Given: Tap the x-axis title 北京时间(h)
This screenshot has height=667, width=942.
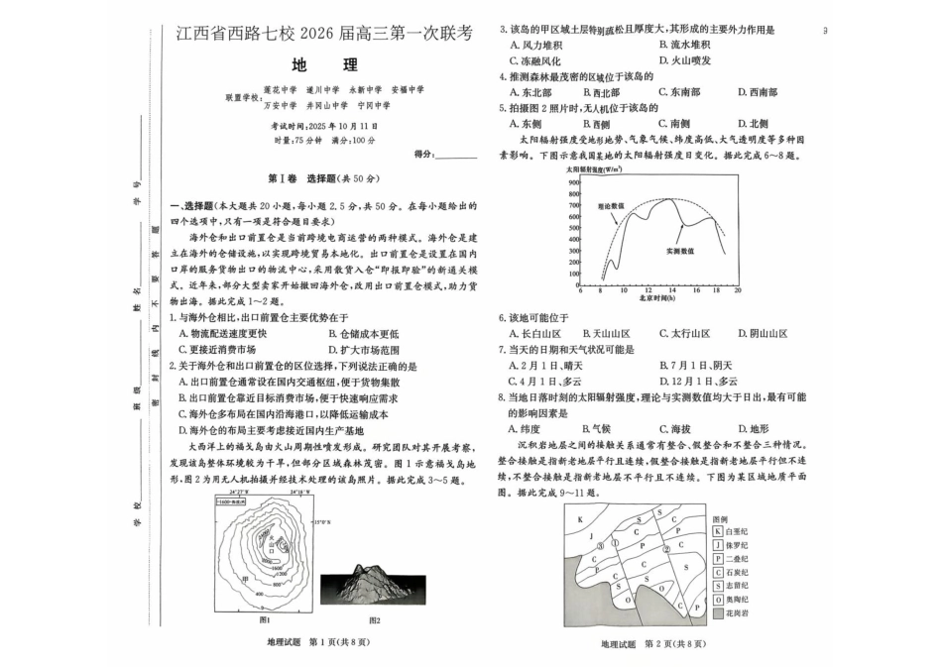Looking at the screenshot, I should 655,298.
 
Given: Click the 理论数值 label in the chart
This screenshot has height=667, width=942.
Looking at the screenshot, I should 610,206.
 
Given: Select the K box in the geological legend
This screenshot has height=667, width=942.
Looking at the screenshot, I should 717,531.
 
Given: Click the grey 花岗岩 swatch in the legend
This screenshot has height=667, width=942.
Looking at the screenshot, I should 717,613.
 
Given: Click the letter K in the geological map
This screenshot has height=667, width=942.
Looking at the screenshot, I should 581,518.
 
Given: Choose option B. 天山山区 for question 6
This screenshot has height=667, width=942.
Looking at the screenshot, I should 606,334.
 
